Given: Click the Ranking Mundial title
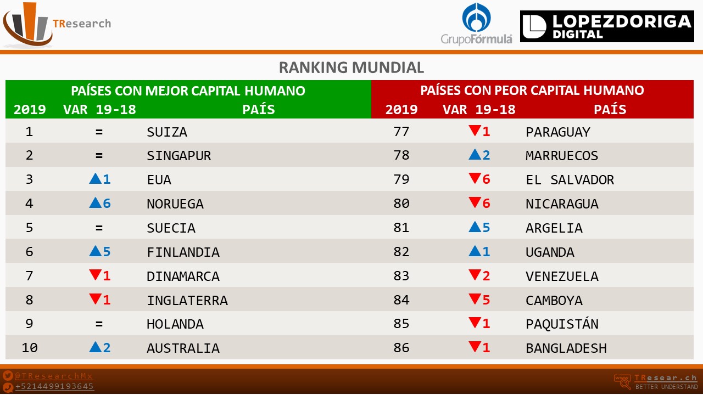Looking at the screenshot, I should [x=351, y=67].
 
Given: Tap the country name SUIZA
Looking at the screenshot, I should [x=167, y=132].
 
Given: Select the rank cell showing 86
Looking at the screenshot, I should [x=401, y=348].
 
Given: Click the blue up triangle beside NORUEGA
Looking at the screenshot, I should [x=95, y=203].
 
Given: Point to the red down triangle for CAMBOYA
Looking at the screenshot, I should [x=475, y=300].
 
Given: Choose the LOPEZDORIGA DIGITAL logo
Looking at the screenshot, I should [x=607, y=26].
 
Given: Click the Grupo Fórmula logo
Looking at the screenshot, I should [x=476, y=25].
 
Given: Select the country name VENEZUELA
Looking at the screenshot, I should [x=562, y=276].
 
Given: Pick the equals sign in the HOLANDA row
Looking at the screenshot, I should [x=99, y=324].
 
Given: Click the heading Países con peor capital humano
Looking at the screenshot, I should [x=532, y=90].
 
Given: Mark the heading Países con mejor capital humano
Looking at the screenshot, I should [x=188, y=91].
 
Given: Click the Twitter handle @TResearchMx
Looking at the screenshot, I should [x=54, y=376].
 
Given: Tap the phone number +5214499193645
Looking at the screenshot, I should [x=54, y=386].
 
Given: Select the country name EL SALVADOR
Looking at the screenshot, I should [x=570, y=180].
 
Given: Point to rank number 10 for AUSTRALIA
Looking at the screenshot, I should [x=29, y=348].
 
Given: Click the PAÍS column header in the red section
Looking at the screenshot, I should [x=610, y=109].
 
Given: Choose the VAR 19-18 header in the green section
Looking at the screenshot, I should [x=99, y=109].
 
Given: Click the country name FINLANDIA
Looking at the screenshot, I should [x=183, y=252].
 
